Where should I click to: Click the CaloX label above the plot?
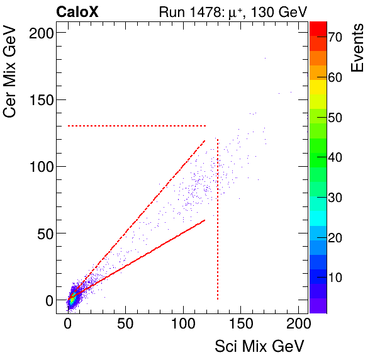[x=77, y=11]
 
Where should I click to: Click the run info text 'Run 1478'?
[x=187, y=11]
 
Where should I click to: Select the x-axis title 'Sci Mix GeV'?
[x=260, y=346]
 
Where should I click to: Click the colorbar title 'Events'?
[x=359, y=48]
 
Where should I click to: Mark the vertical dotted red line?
[x=218, y=220]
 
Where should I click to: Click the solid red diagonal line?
[x=145, y=252]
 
